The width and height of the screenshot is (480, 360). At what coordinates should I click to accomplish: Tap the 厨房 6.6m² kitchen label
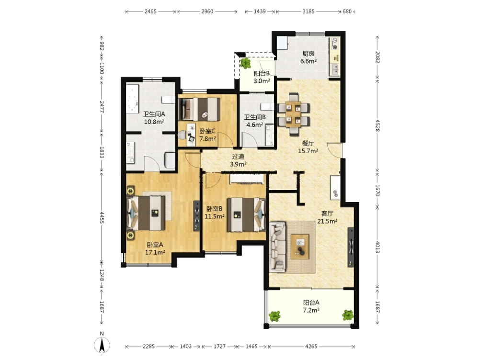[x=309, y=57]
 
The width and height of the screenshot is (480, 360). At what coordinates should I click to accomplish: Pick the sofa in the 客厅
[x=278, y=247]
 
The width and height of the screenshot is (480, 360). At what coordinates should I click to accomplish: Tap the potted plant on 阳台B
[x=245, y=63]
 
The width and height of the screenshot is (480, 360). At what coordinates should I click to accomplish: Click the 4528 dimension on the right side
[x=377, y=125]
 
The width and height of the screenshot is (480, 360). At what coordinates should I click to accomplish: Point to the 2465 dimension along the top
[x=150, y=11]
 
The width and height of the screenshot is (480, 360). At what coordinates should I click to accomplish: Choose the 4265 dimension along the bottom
[x=311, y=347]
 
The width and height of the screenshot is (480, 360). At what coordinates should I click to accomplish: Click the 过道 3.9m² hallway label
[x=238, y=160]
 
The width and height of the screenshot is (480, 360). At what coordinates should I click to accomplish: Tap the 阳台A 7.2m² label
[x=311, y=306]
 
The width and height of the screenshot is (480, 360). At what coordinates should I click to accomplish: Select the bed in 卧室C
[x=201, y=109]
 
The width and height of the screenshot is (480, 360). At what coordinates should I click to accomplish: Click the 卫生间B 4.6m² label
[x=255, y=121]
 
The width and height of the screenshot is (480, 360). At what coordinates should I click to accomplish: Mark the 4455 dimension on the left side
[x=102, y=217]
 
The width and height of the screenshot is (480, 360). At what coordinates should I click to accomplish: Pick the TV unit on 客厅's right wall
[x=351, y=247]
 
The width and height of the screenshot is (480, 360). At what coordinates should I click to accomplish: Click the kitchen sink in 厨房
[x=335, y=70]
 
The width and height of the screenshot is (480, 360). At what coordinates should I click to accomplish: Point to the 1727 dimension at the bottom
[x=219, y=347]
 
